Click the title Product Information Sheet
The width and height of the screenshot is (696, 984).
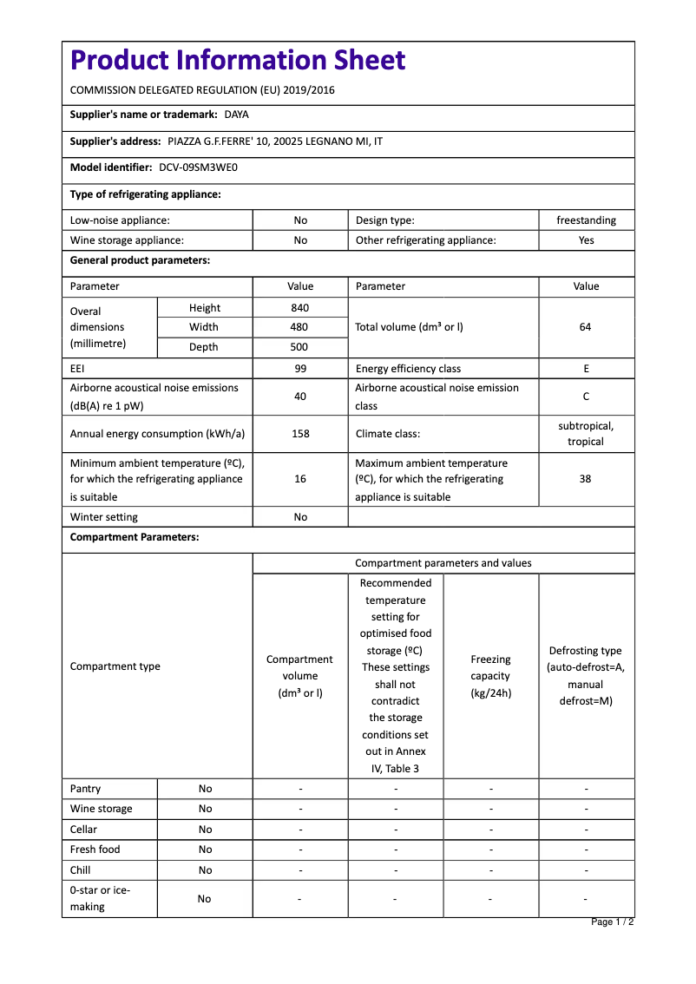(x=237, y=60)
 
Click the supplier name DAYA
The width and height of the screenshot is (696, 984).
(x=236, y=115)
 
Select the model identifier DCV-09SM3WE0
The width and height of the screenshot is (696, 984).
(x=198, y=167)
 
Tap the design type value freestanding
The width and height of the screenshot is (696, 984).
(x=586, y=220)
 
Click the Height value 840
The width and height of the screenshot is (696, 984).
(x=300, y=308)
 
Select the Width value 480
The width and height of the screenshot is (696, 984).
(x=300, y=327)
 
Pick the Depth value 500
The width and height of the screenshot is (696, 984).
(x=300, y=347)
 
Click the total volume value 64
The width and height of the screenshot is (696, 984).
(x=586, y=327)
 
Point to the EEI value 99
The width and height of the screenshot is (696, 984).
(x=300, y=369)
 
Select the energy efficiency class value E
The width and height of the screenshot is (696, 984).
(x=586, y=369)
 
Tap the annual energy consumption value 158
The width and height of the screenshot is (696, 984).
(x=300, y=433)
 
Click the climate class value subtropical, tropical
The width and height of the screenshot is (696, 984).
(x=586, y=433)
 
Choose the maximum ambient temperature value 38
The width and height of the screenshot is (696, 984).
(x=586, y=479)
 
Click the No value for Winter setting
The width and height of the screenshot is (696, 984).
(x=300, y=517)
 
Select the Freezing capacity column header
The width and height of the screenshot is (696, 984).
(x=490, y=676)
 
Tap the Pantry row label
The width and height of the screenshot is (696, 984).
(x=85, y=789)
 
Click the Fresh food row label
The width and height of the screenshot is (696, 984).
(x=95, y=850)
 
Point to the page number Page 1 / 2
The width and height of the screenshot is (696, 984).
(x=612, y=922)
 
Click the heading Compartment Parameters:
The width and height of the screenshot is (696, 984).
(x=135, y=537)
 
